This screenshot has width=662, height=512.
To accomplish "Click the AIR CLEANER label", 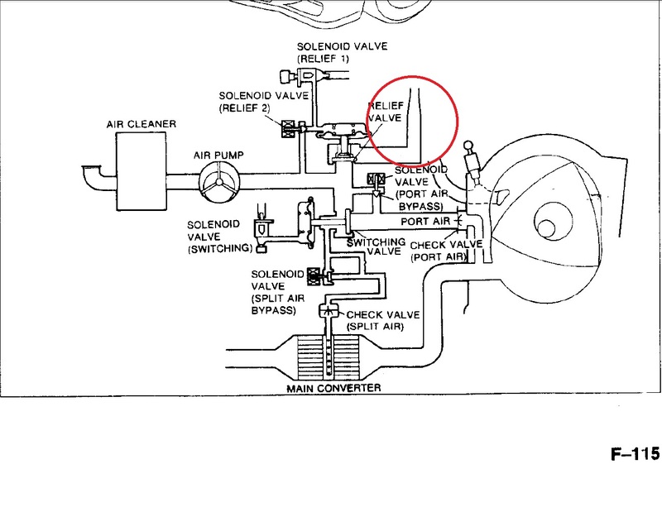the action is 141,124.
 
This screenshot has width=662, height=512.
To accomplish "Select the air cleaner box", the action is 141,171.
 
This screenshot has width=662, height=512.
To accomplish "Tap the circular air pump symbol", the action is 219,182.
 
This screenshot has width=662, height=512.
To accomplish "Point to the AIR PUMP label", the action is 218,156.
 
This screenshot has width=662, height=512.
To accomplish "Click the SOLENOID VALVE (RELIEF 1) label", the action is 342,52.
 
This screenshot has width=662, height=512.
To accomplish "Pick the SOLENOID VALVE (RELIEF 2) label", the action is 264,102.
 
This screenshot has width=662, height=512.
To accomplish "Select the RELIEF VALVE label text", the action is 385,112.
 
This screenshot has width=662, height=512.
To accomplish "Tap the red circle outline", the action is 458,120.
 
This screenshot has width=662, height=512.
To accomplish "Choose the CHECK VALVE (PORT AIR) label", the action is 446,251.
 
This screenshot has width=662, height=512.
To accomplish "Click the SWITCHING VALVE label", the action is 376,247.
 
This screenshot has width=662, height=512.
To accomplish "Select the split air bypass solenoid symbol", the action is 314,276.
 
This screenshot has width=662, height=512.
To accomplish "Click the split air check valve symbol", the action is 329,311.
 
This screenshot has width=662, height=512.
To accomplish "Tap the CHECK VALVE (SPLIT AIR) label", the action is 382,321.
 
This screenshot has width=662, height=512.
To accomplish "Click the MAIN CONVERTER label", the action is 333,388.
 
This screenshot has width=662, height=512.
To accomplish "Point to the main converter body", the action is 329,356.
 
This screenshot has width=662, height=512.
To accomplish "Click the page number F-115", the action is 635,454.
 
